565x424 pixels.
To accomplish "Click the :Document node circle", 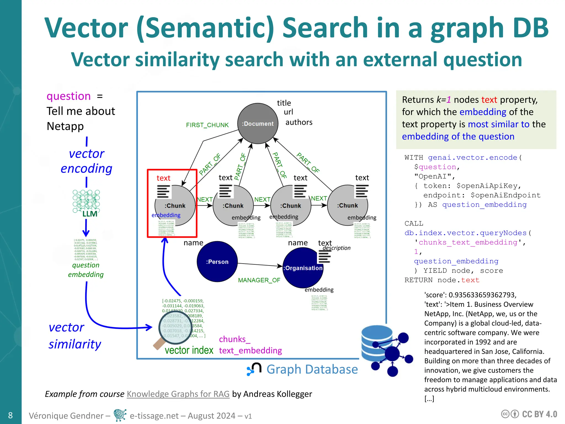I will [258, 123].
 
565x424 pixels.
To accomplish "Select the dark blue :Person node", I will [217, 261].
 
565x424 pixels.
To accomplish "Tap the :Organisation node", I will [303, 268].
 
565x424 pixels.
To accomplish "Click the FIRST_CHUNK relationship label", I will [207, 125].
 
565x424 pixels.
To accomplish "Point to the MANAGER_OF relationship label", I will [259, 280].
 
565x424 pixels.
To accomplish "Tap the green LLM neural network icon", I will [86, 203].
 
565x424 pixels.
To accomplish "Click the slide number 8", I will [10, 415].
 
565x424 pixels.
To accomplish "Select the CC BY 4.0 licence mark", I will [529, 414].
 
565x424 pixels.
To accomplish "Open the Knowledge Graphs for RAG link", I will [178, 394].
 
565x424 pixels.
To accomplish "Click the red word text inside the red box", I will [163, 178].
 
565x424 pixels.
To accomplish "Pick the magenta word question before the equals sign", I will [68, 96].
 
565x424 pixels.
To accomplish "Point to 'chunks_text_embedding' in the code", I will [468, 242].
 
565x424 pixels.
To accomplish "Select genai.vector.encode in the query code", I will [472, 157].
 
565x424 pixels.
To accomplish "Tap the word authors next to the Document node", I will [299, 122].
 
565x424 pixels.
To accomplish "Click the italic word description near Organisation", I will [336, 248].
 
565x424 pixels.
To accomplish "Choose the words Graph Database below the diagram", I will [312, 369].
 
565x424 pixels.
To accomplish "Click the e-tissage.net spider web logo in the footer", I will [120, 415].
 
